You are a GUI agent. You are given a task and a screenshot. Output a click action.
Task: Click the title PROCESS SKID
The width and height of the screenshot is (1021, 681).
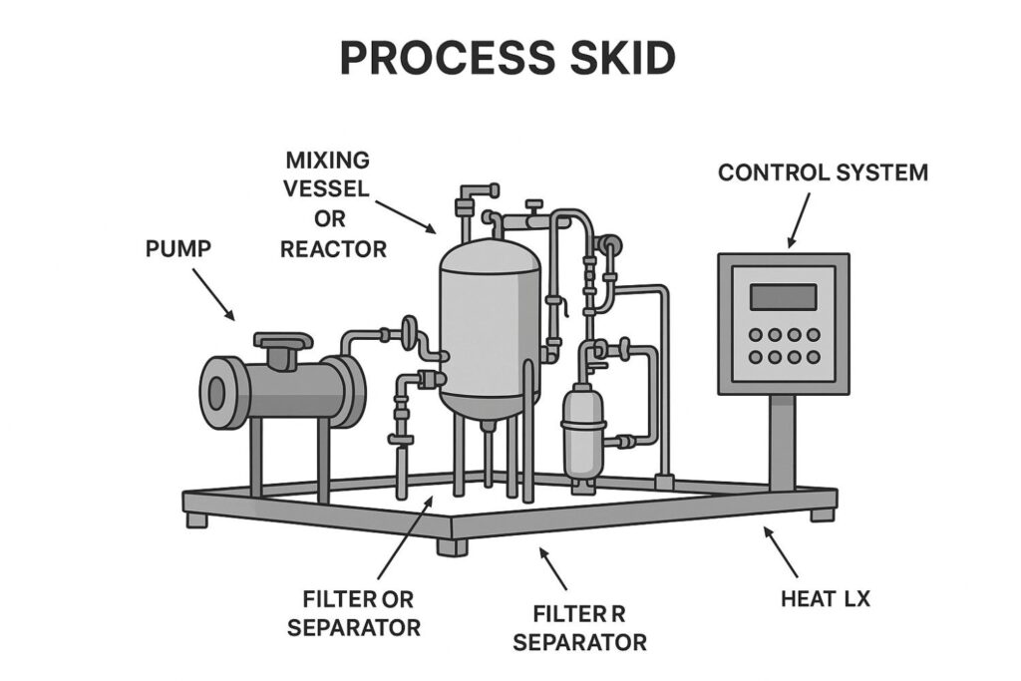[509, 59]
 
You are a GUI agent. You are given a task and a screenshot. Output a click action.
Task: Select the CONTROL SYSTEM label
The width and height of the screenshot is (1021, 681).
[823, 172]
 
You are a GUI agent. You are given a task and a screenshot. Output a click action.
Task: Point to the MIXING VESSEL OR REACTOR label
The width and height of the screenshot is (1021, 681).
[332, 203]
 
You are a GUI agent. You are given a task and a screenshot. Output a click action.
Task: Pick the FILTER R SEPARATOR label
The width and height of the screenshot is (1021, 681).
[579, 627]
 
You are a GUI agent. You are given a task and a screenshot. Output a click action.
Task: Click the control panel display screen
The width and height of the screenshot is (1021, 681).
[783, 297]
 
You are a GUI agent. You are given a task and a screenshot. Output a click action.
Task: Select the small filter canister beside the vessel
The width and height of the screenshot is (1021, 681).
[577, 434]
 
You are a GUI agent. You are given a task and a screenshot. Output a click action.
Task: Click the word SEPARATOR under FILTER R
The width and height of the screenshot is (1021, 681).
[579, 641]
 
